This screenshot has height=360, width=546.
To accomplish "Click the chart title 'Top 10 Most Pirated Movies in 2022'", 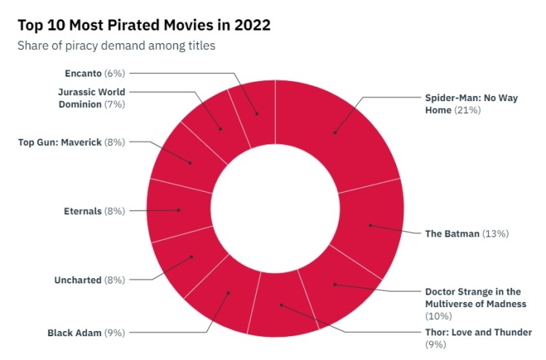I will click(x=144, y=25).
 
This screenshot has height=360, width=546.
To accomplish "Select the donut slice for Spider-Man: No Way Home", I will click(x=335, y=132).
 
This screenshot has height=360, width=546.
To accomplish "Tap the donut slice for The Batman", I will click(x=370, y=225).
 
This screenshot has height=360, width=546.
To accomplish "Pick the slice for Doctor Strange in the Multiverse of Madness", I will click(x=335, y=283).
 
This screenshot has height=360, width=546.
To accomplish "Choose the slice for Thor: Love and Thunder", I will click(x=281, y=304).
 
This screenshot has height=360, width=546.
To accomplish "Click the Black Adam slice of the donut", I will click(x=228, y=293).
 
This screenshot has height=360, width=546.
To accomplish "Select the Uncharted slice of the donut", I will click(x=192, y=257).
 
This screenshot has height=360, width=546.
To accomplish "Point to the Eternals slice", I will click(x=179, y=210).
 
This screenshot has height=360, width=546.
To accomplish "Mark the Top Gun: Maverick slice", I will click(x=190, y=162).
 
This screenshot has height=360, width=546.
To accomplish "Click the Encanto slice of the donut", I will click(x=257, y=114).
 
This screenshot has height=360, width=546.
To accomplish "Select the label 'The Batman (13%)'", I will click(x=466, y=233).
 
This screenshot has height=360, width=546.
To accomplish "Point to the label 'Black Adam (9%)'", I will click(x=86, y=332).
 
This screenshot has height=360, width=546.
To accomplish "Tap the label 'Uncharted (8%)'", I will click(x=89, y=280).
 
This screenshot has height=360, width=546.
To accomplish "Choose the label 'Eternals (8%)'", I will click(x=94, y=210).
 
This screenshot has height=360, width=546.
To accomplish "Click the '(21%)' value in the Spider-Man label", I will click(x=469, y=110).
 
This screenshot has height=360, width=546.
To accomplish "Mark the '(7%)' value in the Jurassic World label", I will click(x=114, y=104).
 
